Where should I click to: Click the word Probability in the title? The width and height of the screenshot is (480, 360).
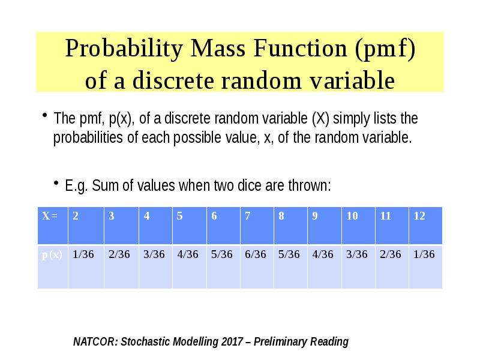point(124,49)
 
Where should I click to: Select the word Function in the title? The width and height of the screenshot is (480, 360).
point(300,48)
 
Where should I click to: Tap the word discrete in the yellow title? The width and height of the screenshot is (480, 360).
point(173,80)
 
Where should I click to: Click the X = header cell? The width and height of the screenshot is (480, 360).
point(50,216)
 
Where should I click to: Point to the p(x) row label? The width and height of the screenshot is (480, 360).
point(52,254)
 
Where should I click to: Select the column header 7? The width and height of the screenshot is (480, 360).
point(247,216)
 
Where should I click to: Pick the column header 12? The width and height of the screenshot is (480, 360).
point(419,216)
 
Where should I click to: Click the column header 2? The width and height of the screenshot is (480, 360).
point(76,216)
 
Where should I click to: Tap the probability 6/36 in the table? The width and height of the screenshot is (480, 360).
point(256,254)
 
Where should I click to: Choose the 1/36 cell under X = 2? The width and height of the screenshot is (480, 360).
point(83,254)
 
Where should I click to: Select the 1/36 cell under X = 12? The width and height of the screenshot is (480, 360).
point(424,254)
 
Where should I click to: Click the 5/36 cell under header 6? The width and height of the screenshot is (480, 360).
point(221,254)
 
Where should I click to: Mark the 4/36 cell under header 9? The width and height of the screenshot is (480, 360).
point(323,254)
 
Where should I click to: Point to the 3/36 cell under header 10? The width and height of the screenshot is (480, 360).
point(356,254)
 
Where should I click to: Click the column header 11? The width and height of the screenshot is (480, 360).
point(385,216)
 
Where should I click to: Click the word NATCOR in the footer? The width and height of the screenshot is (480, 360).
point(95,341)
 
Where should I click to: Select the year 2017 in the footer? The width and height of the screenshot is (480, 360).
point(232,341)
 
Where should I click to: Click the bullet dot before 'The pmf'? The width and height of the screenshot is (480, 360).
point(44,115)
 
